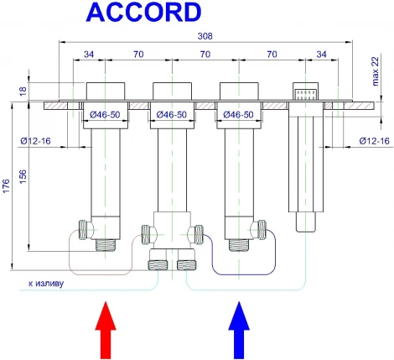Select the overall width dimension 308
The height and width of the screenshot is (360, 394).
point(204,36)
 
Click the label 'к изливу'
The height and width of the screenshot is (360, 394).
point(44,283)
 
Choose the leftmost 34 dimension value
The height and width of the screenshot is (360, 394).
point(89,56)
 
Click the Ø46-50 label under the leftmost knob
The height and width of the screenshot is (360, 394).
point(102,115)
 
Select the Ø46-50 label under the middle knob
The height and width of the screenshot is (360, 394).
point(169,115)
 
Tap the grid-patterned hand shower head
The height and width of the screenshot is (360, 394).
point(304,91)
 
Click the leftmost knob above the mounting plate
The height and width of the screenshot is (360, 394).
point(103,91)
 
